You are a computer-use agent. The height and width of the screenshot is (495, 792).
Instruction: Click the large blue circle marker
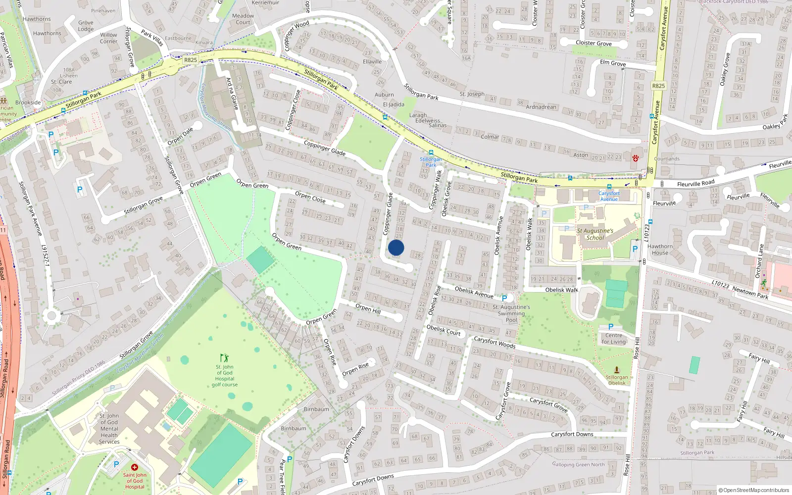pyautogui.click(x=396, y=247)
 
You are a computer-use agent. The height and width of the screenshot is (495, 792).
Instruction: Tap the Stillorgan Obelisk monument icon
pyautogui.click(x=617, y=370)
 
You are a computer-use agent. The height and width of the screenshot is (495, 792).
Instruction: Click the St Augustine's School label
pyautogui.click(x=595, y=234)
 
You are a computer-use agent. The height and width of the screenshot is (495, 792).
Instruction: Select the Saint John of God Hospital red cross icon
pyautogui.click(x=134, y=467)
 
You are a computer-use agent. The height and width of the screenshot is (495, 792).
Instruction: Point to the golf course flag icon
pyautogui.click(x=225, y=357)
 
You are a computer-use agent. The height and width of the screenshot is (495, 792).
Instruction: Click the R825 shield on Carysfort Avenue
pyautogui.click(x=658, y=86)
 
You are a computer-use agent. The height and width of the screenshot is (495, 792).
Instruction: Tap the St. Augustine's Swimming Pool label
pyautogui.click(x=511, y=313)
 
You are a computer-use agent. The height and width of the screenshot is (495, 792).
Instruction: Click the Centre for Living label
pyautogui.click(x=614, y=339)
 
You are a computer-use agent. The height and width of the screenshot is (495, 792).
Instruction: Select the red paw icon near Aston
pyautogui.click(x=635, y=158)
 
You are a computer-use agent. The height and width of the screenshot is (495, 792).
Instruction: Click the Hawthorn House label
pyautogui.click(x=660, y=249)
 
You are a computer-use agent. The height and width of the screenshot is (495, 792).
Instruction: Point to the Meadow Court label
pyautogui.click(x=243, y=19)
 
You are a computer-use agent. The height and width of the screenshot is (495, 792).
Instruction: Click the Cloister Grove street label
pyautogui.click(x=594, y=43)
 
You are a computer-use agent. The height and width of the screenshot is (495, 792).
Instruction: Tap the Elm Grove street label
pyautogui.click(x=613, y=63)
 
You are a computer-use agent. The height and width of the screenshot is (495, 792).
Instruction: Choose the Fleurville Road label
pyautogui.click(x=695, y=184)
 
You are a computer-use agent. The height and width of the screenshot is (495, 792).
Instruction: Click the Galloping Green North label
pyautogui.click(x=578, y=464)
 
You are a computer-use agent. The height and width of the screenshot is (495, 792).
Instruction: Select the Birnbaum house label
pyautogui.click(x=316, y=409)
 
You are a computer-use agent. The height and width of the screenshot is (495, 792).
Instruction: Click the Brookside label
pyautogui.click(x=28, y=102)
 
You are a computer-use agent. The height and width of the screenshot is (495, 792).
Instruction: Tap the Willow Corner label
pyautogui.click(x=109, y=38)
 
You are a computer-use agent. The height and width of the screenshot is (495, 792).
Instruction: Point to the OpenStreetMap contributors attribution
pyautogui.click(x=754, y=490)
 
